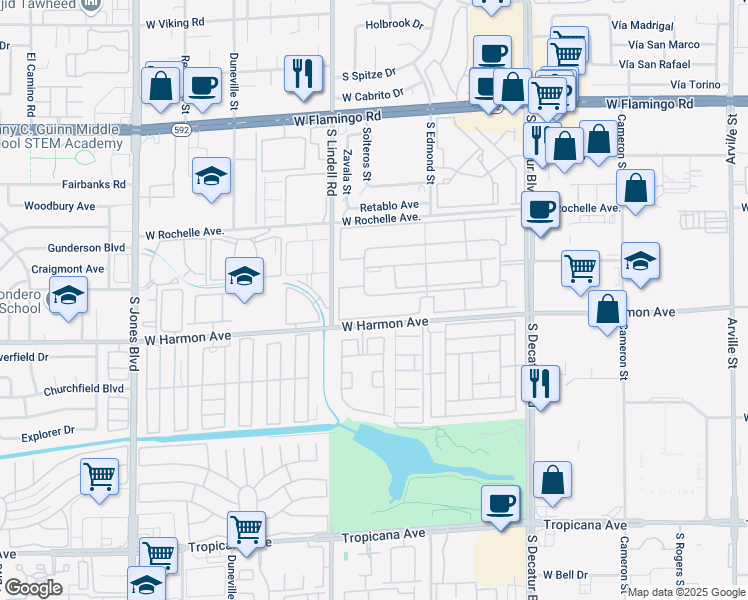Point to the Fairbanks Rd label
point(93,184)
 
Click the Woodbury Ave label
point(59,206)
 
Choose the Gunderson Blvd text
point(88,248)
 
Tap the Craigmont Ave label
point(67,269)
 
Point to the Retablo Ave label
point(395,205)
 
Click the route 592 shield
point(181,129)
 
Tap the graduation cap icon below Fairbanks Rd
point(212,176)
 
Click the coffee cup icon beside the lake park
point(500,503)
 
